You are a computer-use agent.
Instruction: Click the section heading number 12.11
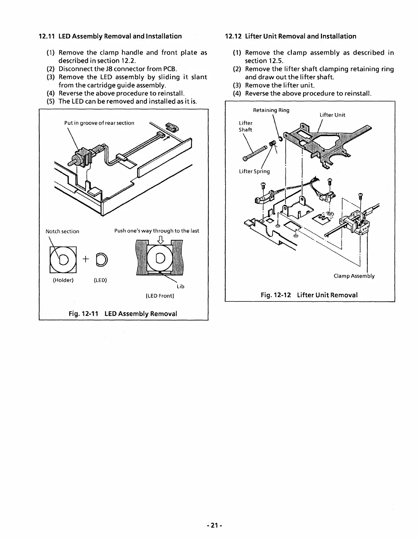(x=47, y=36)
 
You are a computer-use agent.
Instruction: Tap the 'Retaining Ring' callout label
(x=271, y=110)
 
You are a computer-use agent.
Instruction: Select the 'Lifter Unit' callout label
(x=332, y=115)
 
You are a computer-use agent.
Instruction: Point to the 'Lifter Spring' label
(x=254, y=171)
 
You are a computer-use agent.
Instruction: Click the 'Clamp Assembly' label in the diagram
(x=354, y=276)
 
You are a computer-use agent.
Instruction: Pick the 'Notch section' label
(x=62, y=231)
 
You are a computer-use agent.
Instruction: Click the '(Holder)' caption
(x=63, y=280)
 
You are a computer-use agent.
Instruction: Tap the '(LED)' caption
(x=100, y=280)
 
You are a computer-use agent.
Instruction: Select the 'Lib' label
(x=181, y=287)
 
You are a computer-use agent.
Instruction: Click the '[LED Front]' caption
(x=159, y=296)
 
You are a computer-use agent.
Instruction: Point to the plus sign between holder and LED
(x=86, y=259)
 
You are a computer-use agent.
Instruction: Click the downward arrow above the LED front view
(x=161, y=241)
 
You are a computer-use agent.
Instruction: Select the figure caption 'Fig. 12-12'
(x=276, y=295)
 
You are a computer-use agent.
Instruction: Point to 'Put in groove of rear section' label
(x=99, y=123)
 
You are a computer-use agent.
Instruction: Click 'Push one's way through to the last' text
(x=157, y=231)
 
